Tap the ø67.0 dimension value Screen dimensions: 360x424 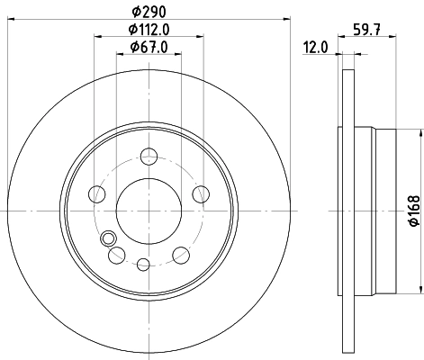(148, 46)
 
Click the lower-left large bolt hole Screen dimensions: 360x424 (116, 256)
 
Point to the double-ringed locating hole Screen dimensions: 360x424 (110, 239)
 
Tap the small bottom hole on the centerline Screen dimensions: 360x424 (144, 264)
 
